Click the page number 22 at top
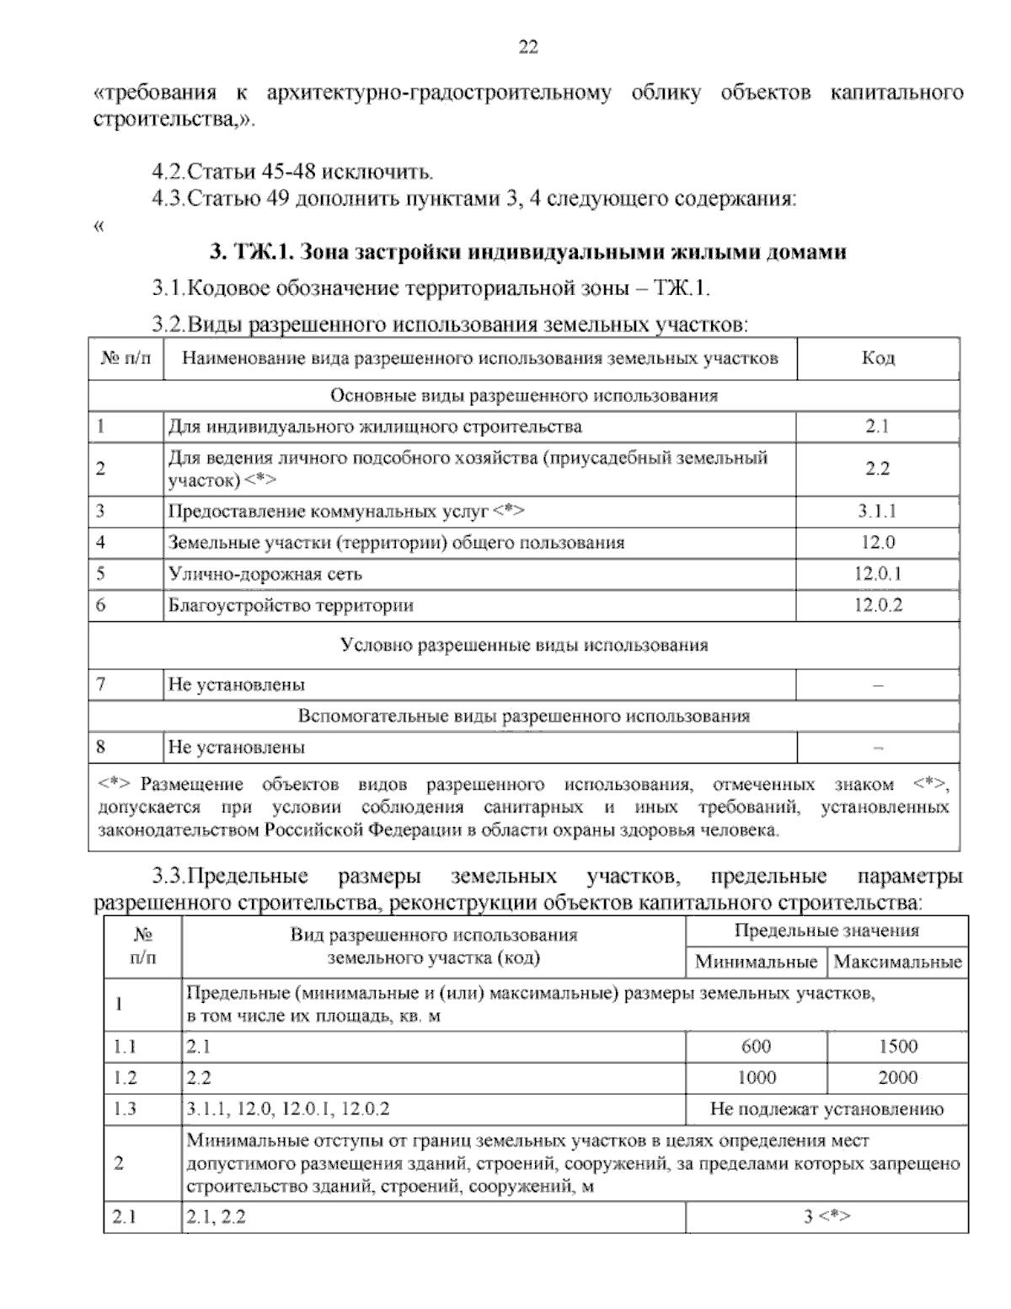(527, 47)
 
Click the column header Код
(877, 358)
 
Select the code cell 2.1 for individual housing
(877, 426)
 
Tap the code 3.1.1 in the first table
(877, 511)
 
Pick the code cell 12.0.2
(877, 605)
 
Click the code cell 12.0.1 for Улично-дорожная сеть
(877, 574)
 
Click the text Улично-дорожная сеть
(265, 574)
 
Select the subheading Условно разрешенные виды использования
(524, 645)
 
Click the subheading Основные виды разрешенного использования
(524, 395)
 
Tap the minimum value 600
(756, 1046)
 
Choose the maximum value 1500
(897, 1046)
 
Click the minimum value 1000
(756, 1077)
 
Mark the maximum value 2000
(897, 1077)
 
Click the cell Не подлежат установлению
(826, 1108)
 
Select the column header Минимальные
(756, 962)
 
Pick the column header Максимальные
(897, 962)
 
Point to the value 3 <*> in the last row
(826, 1216)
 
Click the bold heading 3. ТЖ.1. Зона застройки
(527, 252)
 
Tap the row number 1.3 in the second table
(126, 1108)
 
